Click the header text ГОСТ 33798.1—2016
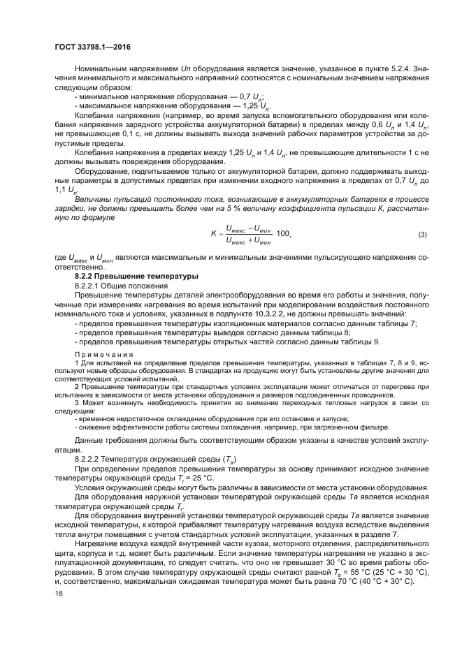[x=92, y=47]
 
